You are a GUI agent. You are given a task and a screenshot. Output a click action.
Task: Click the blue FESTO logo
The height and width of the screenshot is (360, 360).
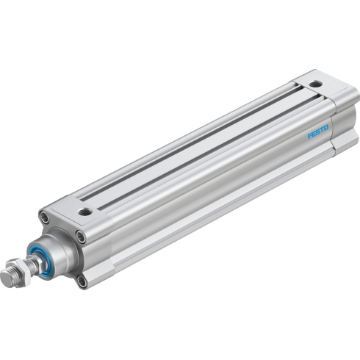(x=318, y=132)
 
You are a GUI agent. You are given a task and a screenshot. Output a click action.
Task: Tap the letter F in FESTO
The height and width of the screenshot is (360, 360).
(x=310, y=136)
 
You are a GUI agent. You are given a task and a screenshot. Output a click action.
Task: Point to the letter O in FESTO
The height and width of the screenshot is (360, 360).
(x=325, y=128)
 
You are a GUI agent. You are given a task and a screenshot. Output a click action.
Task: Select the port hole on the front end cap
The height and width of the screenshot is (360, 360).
(x=85, y=211)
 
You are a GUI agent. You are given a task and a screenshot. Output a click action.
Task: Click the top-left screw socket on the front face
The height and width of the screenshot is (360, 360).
(x=44, y=217)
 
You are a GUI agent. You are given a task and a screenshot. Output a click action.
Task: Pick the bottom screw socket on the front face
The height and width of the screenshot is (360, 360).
(x=82, y=281)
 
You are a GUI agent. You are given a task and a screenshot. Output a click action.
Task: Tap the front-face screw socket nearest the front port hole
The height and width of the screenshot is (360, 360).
(x=81, y=237)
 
